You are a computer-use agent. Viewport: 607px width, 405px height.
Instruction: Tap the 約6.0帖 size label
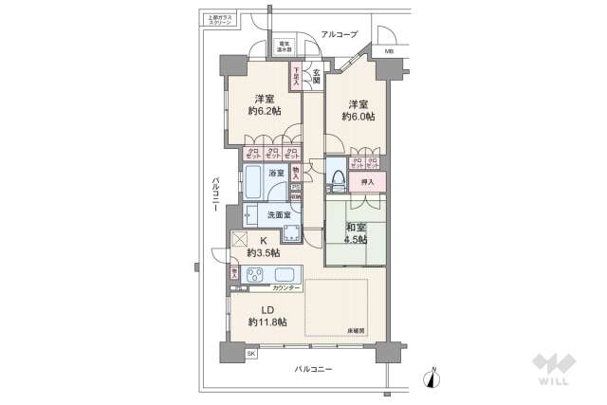point(359,118)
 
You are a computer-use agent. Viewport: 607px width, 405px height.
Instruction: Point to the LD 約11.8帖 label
point(267,316)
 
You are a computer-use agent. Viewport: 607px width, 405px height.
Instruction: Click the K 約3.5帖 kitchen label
point(264,247)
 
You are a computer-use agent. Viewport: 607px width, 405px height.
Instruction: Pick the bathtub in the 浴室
point(253,182)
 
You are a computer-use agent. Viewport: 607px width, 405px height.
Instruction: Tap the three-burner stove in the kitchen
point(258,276)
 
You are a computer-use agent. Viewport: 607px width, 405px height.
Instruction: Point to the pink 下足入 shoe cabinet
point(297,75)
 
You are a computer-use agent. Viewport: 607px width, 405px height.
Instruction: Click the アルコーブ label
point(337,34)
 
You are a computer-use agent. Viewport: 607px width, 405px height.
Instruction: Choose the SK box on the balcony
point(251,353)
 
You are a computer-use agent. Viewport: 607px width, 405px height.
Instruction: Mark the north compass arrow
point(434,377)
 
